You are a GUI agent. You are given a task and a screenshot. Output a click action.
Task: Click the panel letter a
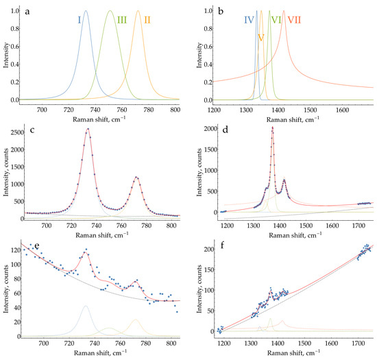[25, 12]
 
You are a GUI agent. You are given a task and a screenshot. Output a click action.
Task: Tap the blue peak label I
[80, 20]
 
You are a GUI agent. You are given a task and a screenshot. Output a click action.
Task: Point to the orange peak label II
[147, 20]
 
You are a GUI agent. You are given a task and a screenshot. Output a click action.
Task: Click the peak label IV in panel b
[250, 20]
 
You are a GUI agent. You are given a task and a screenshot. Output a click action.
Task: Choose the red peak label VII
[295, 20]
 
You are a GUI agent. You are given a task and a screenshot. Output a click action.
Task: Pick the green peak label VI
[276, 20]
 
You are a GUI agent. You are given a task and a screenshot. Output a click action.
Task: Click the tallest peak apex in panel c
[88, 128]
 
